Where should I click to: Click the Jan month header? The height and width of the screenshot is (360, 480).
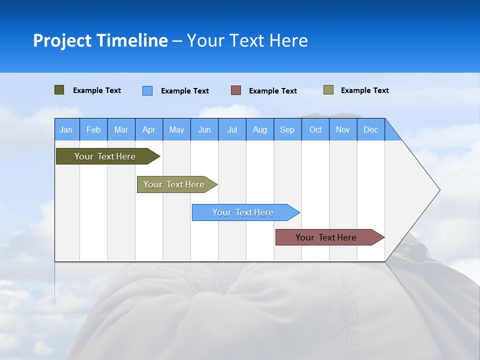[66, 129]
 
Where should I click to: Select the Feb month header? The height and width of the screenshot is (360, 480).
[93, 129]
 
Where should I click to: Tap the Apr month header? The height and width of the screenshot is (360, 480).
[148, 129]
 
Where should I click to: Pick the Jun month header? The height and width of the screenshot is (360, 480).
[204, 129]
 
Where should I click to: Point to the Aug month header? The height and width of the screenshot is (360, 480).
[259, 129]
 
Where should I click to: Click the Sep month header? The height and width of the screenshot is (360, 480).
[287, 129]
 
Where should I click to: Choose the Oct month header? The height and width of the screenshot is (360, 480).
[315, 129]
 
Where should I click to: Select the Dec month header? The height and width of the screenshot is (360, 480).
[370, 129]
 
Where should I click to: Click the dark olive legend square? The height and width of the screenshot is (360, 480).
[59, 90]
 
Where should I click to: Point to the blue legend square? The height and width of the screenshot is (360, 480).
[147, 90]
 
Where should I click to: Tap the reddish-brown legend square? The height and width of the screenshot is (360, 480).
[236, 90]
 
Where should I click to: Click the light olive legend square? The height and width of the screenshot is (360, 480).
[328, 90]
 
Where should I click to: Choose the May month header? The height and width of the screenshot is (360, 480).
[176, 129]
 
